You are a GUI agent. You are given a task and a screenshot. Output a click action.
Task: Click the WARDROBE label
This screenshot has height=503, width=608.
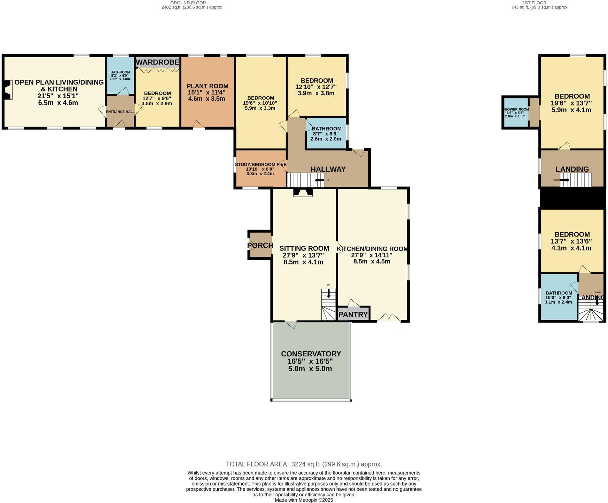click(x=157, y=62)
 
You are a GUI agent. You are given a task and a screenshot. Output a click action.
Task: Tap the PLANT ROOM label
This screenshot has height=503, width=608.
click(x=207, y=86)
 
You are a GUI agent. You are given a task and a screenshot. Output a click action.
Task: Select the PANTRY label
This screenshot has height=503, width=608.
click(x=353, y=315)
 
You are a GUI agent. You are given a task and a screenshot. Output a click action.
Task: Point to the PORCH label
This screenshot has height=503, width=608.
click(x=260, y=245)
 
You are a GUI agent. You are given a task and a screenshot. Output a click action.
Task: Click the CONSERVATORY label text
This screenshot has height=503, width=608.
click(x=311, y=354)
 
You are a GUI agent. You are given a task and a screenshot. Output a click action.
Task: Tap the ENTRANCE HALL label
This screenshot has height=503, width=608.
click(x=120, y=112)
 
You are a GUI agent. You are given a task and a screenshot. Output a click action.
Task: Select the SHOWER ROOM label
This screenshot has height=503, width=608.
click(x=516, y=109)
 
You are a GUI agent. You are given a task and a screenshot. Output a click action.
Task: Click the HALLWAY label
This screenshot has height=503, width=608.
click(x=328, y=169)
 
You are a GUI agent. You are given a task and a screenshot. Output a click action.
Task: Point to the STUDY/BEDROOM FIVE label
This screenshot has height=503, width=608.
click(x=261, y=165)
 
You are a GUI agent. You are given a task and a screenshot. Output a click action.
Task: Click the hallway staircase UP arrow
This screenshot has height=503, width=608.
click(x=319, y=180)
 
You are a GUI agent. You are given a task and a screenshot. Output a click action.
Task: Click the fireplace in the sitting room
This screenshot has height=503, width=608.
click(x=303, y=193)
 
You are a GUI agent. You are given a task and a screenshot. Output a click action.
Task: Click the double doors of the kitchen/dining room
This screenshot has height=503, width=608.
click(x=389, y=318)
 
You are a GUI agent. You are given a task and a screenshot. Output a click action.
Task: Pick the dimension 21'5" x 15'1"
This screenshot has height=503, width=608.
click(x=58, y=96)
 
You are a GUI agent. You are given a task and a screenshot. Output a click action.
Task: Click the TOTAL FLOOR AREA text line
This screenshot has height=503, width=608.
click(x=304, y=464)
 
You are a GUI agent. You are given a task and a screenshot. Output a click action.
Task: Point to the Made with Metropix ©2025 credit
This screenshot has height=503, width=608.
click(x=304, y=500)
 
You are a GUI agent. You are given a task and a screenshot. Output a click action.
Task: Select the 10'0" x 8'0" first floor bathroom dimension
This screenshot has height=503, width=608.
click(x=558, y=297)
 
